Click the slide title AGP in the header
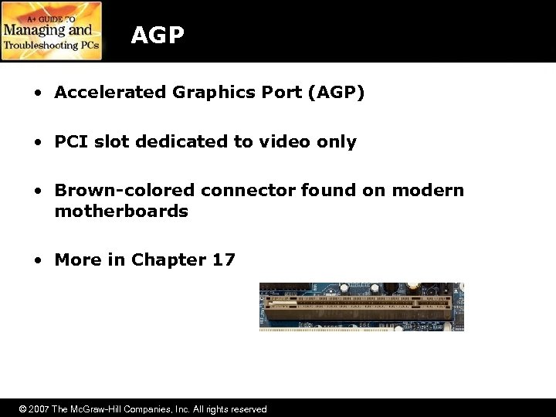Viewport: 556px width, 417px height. (x=158, y=35)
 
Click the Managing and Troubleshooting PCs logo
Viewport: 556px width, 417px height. (x=51, y=31)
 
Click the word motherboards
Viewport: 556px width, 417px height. (x=121, y=211)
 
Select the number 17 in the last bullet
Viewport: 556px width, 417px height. (x=223, y=260)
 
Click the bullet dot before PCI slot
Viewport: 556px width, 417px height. (x=38, y=143)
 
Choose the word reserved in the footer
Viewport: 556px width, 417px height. (x=246, y=409)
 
